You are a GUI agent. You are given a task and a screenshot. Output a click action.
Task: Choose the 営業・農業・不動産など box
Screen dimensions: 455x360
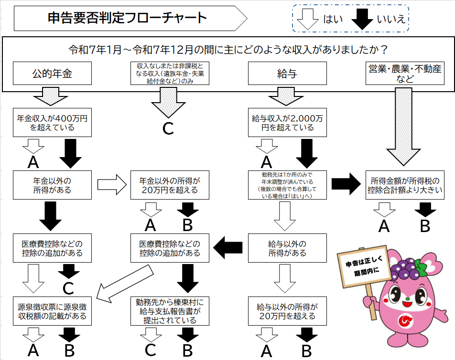point(405,74)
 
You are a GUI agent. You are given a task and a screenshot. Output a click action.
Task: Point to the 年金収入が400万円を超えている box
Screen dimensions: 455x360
point(52,123)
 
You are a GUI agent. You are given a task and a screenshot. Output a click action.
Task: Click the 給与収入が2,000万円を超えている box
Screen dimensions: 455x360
point(287,123)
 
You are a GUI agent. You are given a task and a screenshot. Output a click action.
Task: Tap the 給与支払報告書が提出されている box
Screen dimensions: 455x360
point(170,311)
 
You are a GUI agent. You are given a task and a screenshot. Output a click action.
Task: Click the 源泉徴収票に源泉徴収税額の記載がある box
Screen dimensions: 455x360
point(52,311)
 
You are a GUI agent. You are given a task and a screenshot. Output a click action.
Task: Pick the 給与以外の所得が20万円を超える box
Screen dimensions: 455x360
point(287,311)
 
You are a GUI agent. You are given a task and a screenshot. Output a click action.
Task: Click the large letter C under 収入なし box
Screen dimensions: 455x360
point(168,129)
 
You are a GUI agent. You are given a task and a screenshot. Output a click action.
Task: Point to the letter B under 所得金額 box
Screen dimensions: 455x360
point(424,226)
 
